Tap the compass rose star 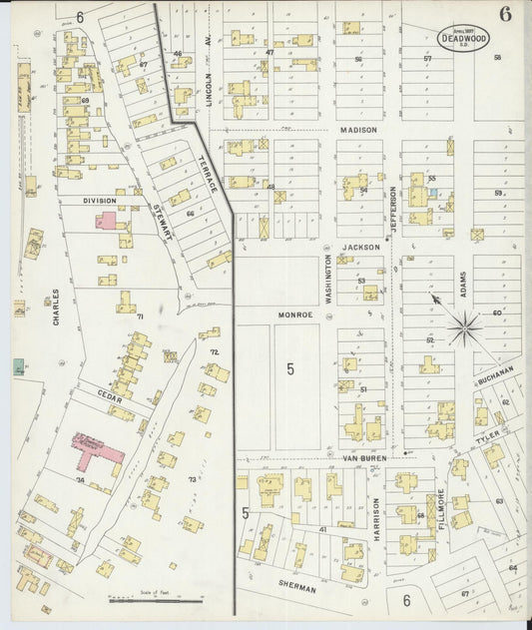pyautogui.click(x=463, y=326)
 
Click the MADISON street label pyautogui.click(x=358, y=130)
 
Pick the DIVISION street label pyautogui.click(x=99, y=200)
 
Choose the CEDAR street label pyautogui.click(x=110, y=393)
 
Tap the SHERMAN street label pyautogui.click(x=297, y=589)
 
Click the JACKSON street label pyautogui.click(x=361, y=246)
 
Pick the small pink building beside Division pyautogui.click(x=106, y=220)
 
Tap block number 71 pyautogui.click(x=140, y=316)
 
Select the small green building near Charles pyautogui.click(x=19, y=366)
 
